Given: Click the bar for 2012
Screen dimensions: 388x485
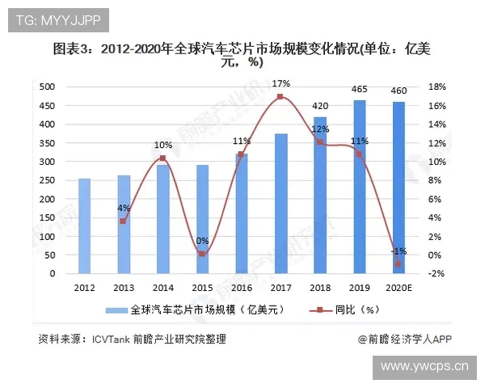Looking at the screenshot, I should (84, 226).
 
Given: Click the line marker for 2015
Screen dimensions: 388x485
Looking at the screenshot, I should (202, 254).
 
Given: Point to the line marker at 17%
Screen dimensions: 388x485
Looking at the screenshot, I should (280, 97).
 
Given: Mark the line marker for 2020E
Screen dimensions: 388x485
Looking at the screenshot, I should (399, 264).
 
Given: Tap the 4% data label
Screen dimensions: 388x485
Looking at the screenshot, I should (124, 208).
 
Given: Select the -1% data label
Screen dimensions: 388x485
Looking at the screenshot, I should (399, 251).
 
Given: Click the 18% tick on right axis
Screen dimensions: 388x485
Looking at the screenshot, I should (437, 86).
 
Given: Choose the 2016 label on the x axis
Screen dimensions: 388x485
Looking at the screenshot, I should (241, 288).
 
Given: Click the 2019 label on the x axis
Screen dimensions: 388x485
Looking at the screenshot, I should (359, 288).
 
